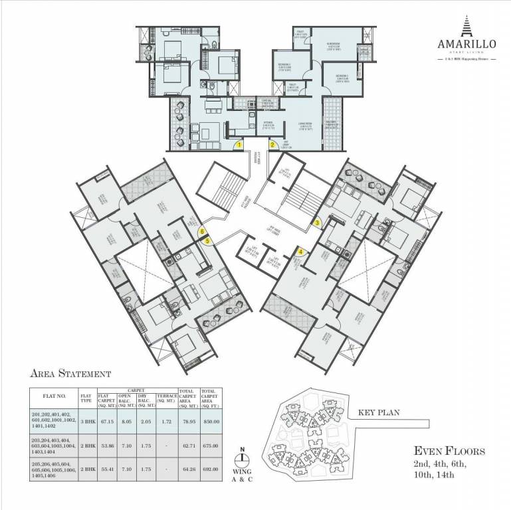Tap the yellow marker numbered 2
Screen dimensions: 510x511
(272, 143)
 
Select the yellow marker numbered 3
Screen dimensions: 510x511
(318, 222)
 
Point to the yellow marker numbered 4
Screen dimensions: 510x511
(300, 251)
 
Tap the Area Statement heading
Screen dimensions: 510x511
(70, 375)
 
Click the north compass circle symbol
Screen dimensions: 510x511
(244, 458)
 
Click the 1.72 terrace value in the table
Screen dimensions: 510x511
(165, 420)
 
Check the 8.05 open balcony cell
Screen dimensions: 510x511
(126, 420)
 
